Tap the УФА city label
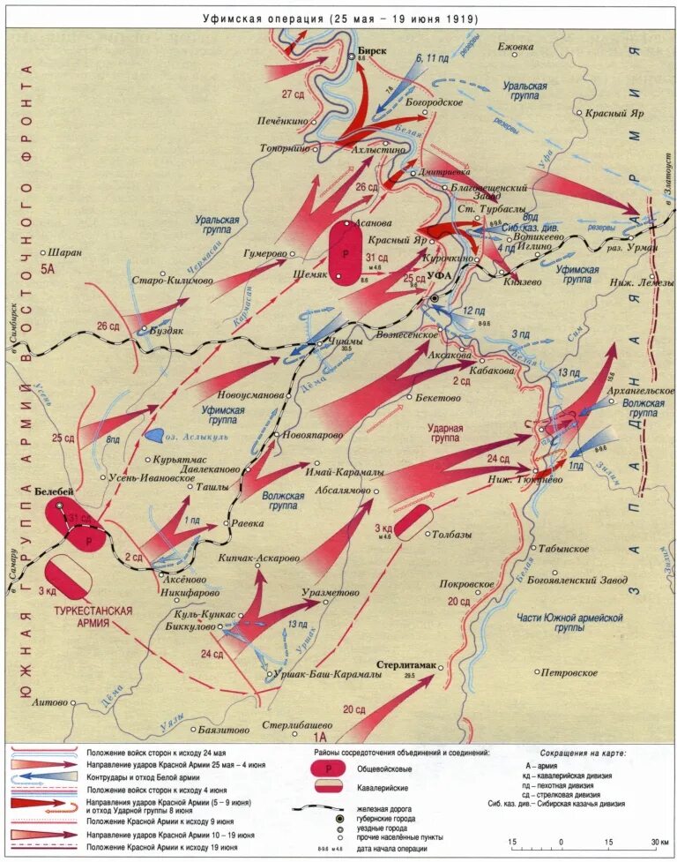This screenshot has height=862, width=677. coord(440,276)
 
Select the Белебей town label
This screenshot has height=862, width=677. coord(55,491)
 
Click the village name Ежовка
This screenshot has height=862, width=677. coord(516,47)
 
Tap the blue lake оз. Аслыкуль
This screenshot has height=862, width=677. coord(153,435)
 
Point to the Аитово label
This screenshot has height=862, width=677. coord(49,702)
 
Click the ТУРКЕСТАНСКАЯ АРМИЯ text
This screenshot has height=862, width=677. coord(93,616)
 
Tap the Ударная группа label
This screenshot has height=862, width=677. coord(445,433)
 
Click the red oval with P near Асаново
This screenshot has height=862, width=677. coord(345,251)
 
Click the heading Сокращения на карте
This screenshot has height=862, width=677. coord(583,754)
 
